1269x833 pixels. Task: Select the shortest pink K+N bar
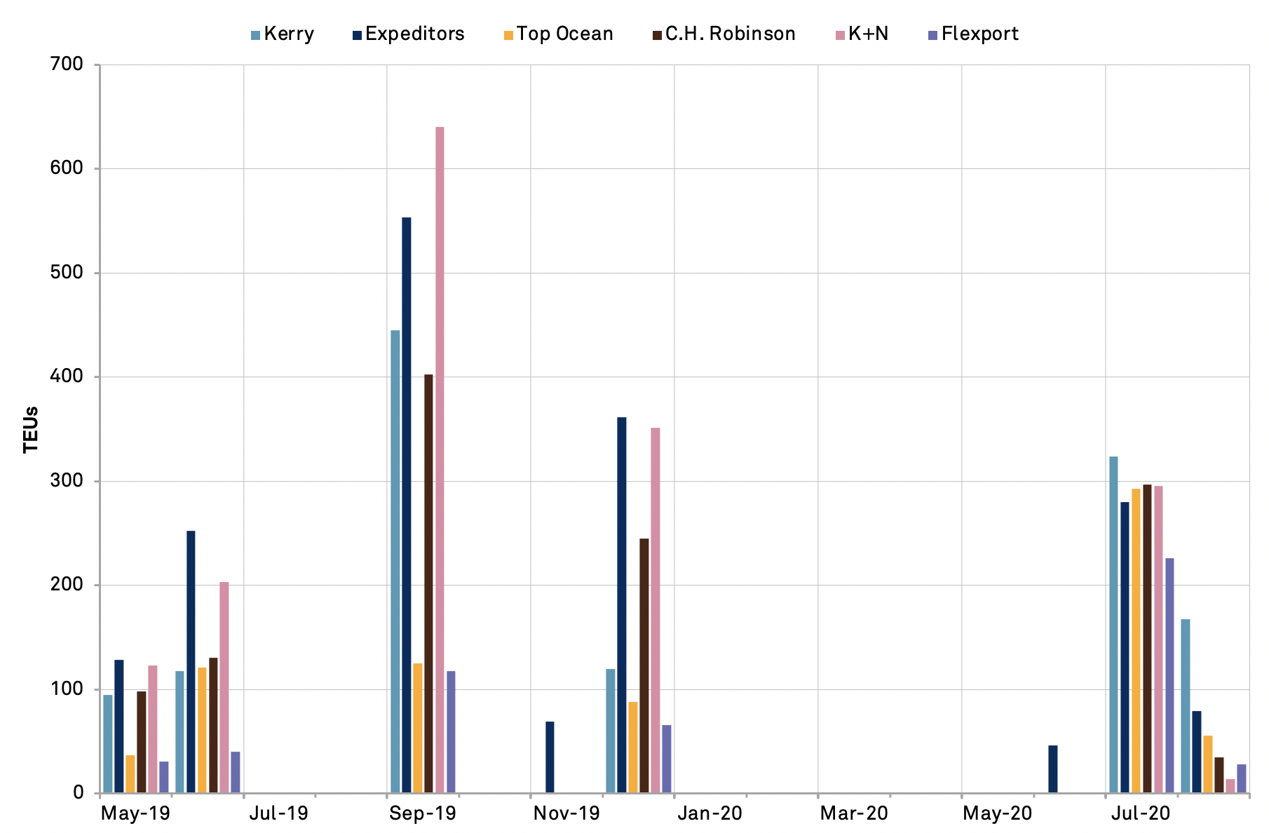(x=1230, y=786)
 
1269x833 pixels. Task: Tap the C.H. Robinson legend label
(x=730, y=34)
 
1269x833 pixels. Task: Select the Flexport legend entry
(x=979, y=34)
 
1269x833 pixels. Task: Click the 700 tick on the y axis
(x=67, y=65)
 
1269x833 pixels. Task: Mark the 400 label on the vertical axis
(x=67, y=377)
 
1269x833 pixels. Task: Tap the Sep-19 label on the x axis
(x=423, y=813)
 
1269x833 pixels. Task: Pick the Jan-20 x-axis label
(x=710, y=813)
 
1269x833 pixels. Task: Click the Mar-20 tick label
(x=854, y=813)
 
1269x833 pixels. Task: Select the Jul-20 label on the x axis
(x=1141, y=813)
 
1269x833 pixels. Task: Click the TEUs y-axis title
(x=31, y=429)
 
